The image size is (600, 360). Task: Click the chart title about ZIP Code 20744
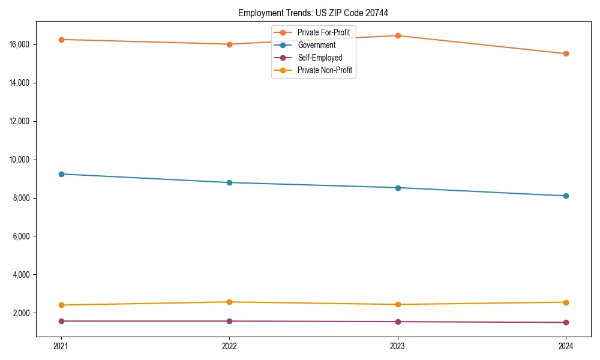(317, 13)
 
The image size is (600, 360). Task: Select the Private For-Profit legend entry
(323, 32)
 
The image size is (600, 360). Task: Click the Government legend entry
(316, 45)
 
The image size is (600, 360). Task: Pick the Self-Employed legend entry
(319, 58)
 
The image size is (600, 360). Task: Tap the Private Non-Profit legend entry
(325, 70)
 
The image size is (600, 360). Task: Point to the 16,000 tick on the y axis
(20, 44)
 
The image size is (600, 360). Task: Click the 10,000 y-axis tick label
(20, 160)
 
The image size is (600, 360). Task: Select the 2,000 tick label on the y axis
(22, 313)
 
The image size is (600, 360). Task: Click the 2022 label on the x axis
(229, 346)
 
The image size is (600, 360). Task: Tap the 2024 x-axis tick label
(566, 346)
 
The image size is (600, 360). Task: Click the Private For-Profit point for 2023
(398, 35)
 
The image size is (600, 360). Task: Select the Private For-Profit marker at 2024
(566, 54)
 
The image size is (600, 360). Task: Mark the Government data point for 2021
(61, 174)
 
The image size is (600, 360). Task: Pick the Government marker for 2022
(229, 182)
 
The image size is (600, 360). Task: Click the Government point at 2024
(566, 196)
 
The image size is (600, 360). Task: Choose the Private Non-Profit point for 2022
(229, 302)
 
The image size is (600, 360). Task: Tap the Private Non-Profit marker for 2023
(398, 304)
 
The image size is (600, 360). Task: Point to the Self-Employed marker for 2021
(61, 321)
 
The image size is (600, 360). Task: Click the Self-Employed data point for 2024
(566, 322)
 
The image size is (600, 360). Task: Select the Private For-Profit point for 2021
(61, 40)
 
